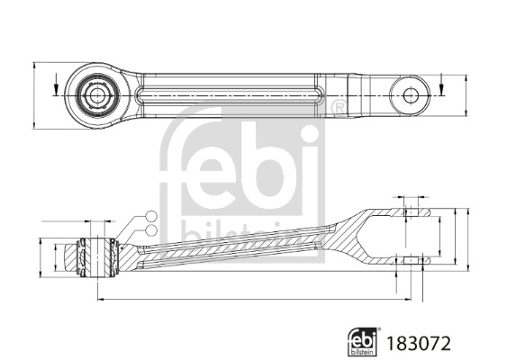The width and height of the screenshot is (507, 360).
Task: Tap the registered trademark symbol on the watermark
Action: tap(338, 109)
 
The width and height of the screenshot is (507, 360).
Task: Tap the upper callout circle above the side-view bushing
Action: tap(151, 214)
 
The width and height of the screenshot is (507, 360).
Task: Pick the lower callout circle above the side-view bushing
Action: tap(151, 229)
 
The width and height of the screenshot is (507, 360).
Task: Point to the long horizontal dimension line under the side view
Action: tap(252, 300)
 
